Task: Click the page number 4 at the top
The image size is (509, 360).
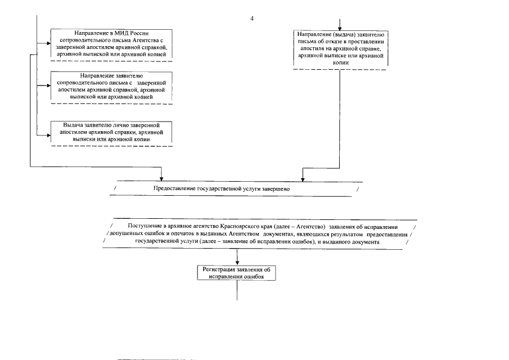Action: pyautogui.click(x=252, y=19)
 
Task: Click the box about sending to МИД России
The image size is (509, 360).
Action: pyautogui.click(x=111, y=43)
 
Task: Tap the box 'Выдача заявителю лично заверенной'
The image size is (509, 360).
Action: pyautogui.click(x=111, y=132)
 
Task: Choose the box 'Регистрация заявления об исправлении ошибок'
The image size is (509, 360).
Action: pyautogui.click(x=237, y=273)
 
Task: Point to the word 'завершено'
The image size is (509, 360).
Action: pyautogui.click(x=277, y=189)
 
